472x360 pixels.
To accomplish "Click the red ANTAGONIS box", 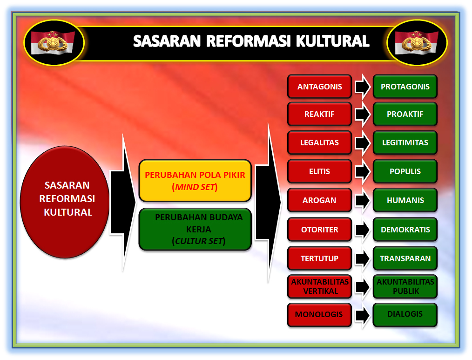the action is click(x=319, y=87).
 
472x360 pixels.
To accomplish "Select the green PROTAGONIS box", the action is click(x=405, y=87).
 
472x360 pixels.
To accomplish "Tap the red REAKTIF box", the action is click(x=319, y=114).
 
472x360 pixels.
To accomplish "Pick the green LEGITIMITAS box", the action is click(x=405, y=143).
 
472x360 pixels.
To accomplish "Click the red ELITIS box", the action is click(x=319, y=171).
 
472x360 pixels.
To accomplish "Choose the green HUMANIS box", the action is click(x=405, y=200).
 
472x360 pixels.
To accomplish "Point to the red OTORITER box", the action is click(x=319, y=229).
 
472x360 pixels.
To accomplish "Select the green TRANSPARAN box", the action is click(x=405, y=258).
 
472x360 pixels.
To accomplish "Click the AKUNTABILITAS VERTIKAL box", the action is click(x=319, y=286).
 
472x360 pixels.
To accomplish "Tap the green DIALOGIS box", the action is click(x=405, y=315).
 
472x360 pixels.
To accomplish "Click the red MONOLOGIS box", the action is click(x=319, y=315).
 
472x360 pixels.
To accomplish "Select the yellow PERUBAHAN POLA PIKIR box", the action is click(x=195, y=181).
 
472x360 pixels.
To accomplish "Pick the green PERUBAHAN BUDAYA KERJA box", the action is click(x=195, y=229).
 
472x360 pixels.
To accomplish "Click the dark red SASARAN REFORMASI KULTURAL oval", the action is click(x=65, y=202).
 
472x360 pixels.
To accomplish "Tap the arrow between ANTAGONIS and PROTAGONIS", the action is click(x=363, y=87).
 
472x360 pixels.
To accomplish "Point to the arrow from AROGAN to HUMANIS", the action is click(x=363, y=200).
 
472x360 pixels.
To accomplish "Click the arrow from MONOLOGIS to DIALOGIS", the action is click(x=363, y=315).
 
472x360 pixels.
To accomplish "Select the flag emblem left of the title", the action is click(x=53, y=42).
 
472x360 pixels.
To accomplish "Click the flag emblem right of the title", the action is click(x=417, y=42).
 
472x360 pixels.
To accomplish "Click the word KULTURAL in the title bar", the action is click(x=333, y=41).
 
